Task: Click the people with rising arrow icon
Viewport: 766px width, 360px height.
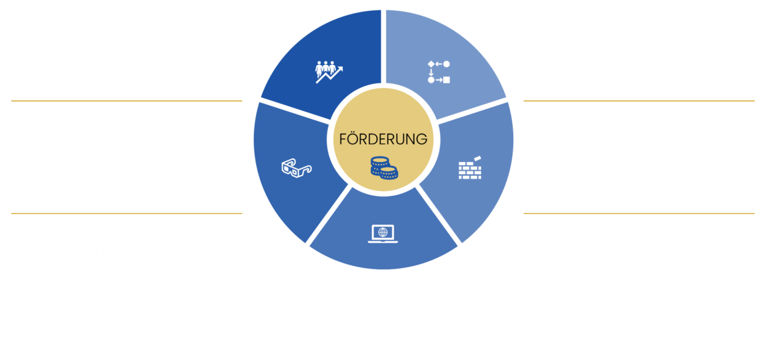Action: [329, 72]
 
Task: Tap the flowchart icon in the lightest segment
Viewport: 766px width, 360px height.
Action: [439, 72]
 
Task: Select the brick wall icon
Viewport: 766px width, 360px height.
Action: [470, 168]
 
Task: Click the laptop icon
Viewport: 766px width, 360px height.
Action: [382, 234]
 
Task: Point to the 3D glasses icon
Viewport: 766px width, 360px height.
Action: [297, 168]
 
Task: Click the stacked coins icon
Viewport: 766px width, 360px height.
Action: [384, 168]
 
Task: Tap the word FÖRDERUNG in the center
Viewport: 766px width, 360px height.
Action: [383, 139]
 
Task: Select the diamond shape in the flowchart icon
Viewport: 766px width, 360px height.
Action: [431, 64]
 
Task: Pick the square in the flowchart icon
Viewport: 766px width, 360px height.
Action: [446, 80]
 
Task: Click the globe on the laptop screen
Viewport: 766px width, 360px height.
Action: [382, 233]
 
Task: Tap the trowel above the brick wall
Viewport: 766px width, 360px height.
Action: [477, 158]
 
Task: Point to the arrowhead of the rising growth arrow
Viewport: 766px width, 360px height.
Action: [340, 69]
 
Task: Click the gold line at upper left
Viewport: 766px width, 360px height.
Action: [127, 101]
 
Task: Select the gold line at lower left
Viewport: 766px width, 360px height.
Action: [127, 213]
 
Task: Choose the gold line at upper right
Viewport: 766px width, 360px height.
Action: [639, 101]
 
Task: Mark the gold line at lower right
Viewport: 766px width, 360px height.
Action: [639, 213]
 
